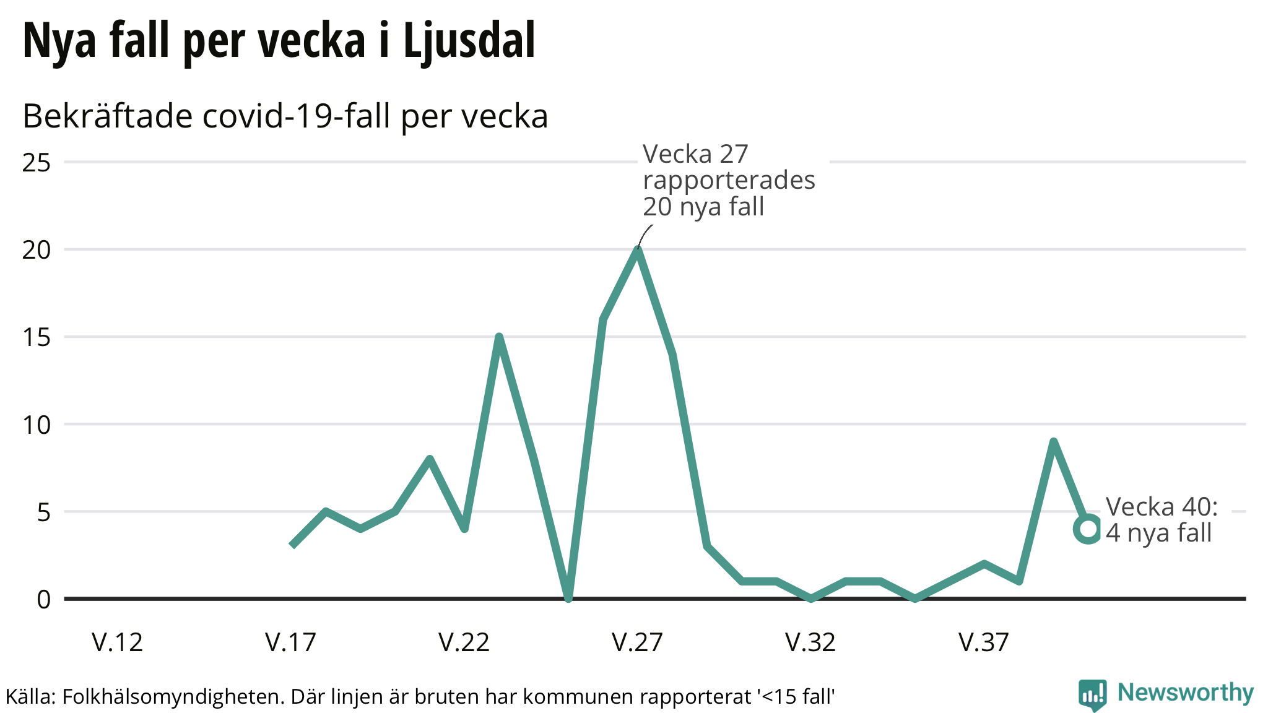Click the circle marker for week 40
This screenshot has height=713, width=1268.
1087,529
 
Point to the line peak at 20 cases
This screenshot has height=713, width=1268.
637,249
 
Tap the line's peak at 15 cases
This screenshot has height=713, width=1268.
499,337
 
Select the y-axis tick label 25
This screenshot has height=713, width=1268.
37,163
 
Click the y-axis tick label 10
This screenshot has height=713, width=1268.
37,425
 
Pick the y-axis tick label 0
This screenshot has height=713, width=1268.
43,600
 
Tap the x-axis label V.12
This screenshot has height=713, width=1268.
118,642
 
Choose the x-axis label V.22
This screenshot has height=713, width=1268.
464,642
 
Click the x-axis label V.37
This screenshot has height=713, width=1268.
984,642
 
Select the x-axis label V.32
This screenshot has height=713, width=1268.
810,642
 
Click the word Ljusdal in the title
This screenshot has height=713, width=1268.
469,41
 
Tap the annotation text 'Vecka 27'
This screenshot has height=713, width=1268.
695,154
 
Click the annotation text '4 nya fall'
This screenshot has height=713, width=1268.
1158,533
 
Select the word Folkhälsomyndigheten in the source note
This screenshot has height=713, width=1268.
172,697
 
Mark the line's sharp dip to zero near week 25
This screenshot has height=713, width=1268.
568,598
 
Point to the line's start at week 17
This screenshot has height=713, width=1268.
292,545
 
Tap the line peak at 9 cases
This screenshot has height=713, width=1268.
1053,442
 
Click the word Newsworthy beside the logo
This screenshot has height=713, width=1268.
1185,693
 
